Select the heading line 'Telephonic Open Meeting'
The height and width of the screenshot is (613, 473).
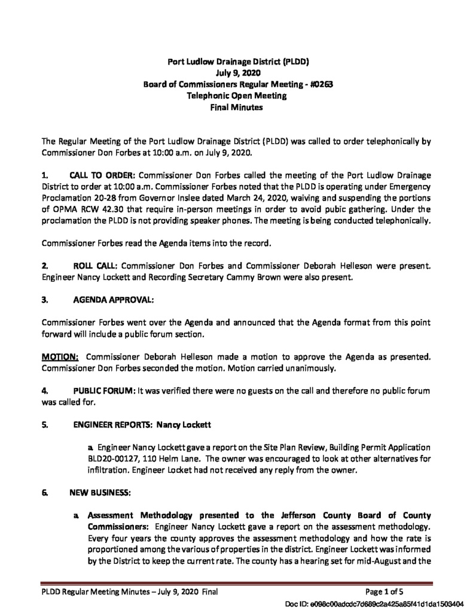pyautogui.click(x=237, y=96)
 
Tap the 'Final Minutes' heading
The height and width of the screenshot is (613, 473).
pyautogui.click(x=237, y=107)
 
